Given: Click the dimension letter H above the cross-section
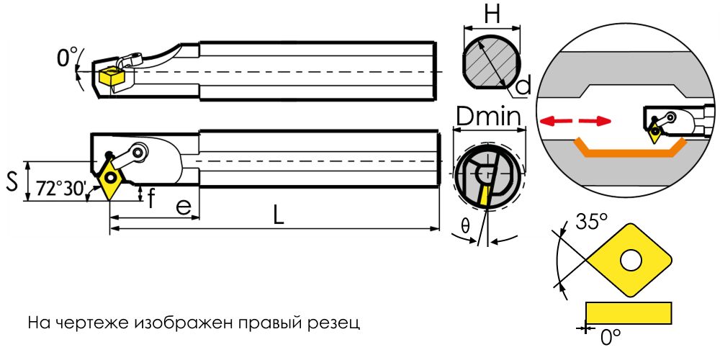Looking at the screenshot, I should (x=492, y=14).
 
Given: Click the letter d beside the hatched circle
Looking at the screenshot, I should (x=524, y=86).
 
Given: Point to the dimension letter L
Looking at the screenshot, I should (x=279, y=215).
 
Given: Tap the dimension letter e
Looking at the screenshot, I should (x=184, y=206).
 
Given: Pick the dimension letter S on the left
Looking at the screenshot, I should (x=12, y=181).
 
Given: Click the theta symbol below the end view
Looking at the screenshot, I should (x=465, y=226).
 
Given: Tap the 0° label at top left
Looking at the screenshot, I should (x=67, y=58).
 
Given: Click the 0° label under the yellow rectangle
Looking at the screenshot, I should (x=611, y=336).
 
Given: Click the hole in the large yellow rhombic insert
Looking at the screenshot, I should (x=631, y=260).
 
